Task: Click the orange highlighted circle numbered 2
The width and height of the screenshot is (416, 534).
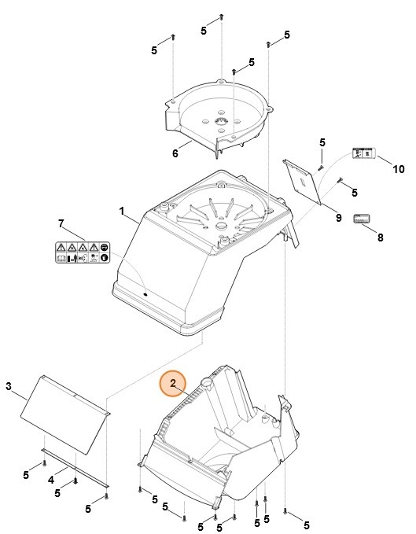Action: [x=172, y=384]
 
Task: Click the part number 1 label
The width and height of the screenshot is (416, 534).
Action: [x=122, y=211]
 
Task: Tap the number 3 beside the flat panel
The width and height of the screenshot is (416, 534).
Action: [x=9, y=385]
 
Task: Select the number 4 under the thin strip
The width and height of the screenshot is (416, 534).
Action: [x=50, y=479]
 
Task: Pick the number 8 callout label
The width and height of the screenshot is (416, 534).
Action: [x=381, y=237]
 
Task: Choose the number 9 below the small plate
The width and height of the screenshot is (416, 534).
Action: [x=337, y=216]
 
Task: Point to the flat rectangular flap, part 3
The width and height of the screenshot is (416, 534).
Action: [x=63, y=415]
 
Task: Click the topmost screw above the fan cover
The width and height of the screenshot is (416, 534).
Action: [x=223, y=16]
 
